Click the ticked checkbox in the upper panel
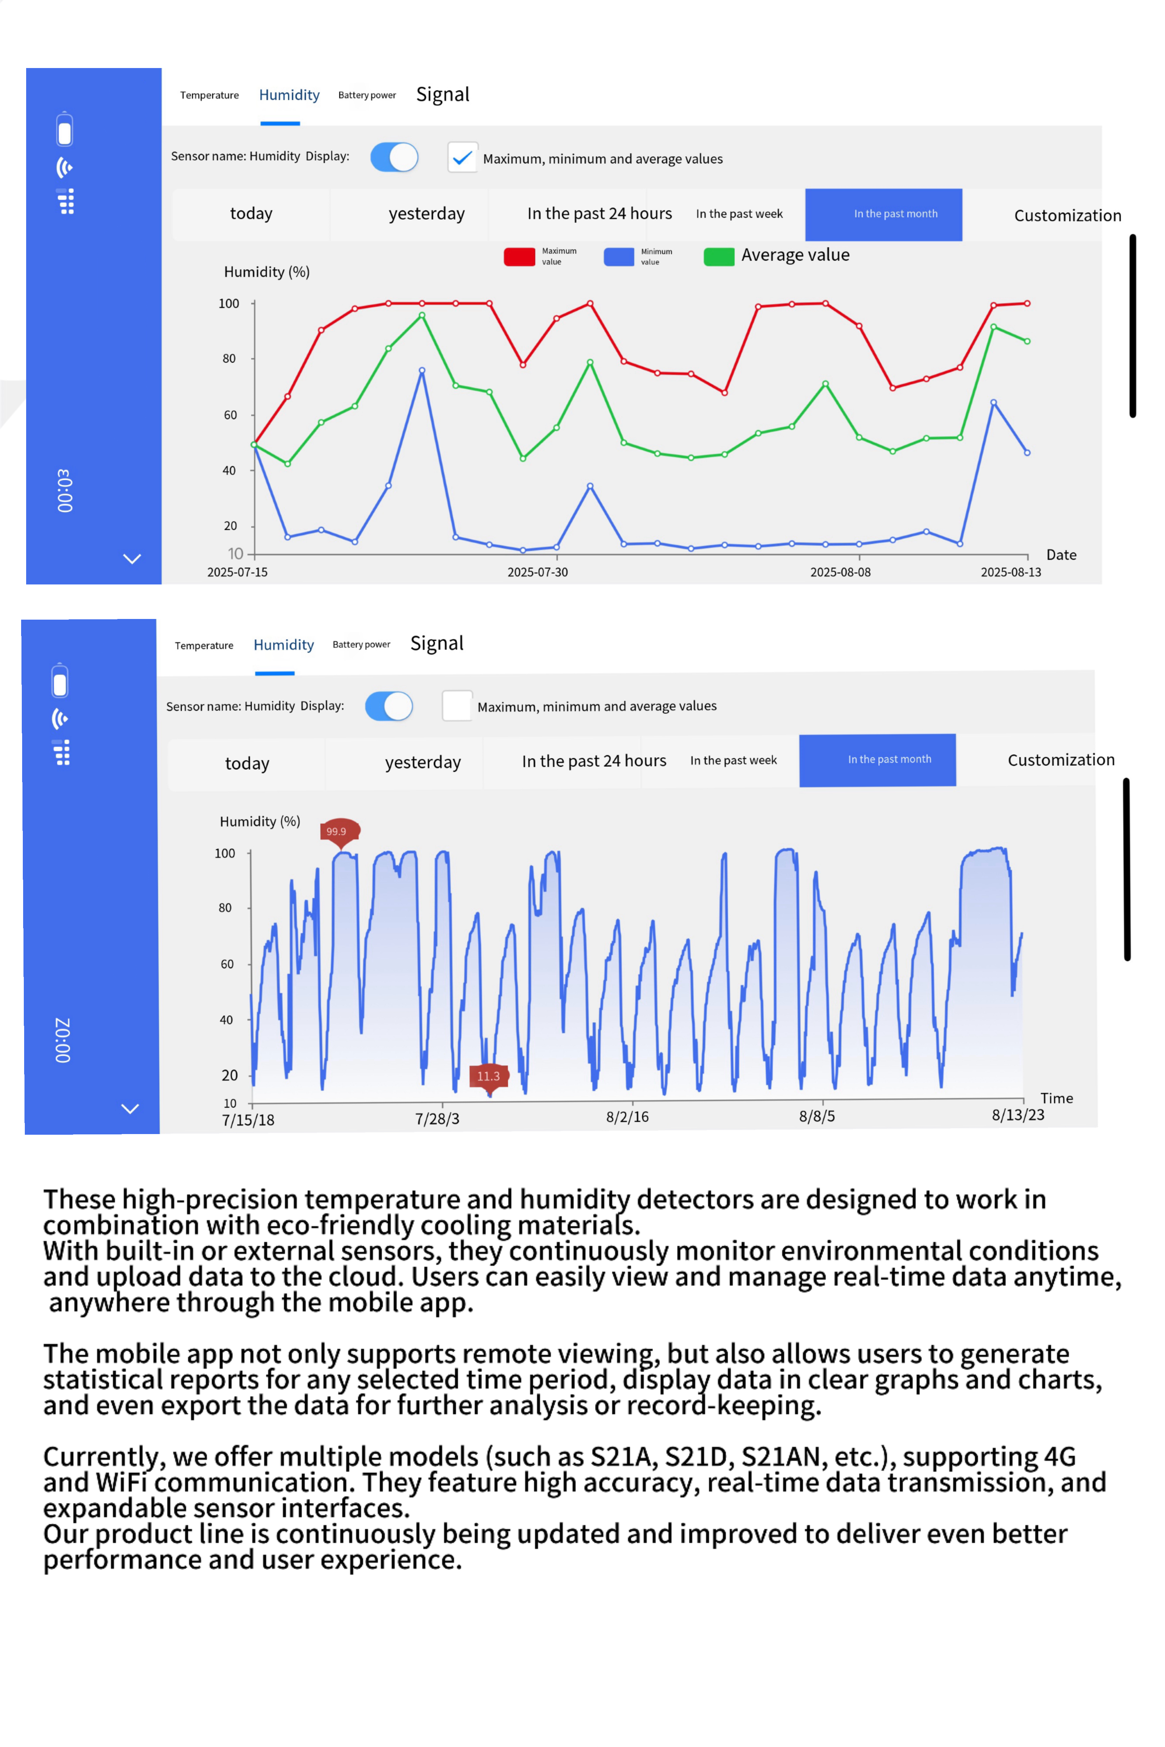462,158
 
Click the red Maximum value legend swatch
519,256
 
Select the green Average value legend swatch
718,256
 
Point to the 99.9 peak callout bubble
339,831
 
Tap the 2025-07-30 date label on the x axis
537,572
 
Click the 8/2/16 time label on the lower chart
627,1116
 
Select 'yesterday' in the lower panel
423,762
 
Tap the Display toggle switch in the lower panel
389,706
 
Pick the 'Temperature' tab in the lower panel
203,645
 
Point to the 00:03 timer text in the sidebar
65,490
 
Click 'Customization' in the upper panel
1067,215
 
